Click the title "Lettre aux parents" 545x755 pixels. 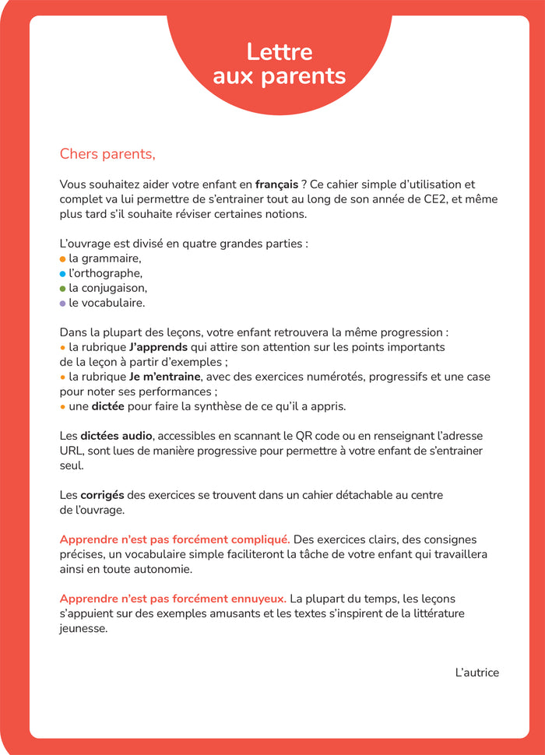tap(279, 64)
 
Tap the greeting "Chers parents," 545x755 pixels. tap(107, 154)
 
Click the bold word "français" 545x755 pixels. tap(276, 184)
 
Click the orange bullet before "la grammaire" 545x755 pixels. tap(62, 258)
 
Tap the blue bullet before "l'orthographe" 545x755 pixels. tap(62, 273)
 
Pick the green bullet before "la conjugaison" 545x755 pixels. tap(62, 288)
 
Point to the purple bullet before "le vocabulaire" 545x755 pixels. tap(62, 303)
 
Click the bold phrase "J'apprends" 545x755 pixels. tap(158, 347)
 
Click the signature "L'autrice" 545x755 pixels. tap(476, 672)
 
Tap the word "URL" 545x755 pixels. tap(72, 451)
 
